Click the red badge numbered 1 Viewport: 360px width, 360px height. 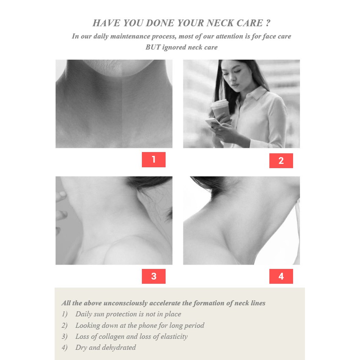pyautogui.click(x=154, y=160)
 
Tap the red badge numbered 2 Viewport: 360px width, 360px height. pyautogui.click(x=281, y=161)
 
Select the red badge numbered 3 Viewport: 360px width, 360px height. pyautogui.click(x=154, y=276)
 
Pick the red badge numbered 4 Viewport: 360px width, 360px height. pyautogui.click(x=281, y=276)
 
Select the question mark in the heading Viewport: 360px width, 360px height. pyautogui.click(x=268, y=23)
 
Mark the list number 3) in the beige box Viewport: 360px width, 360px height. pyautogui.click(x=64, y=336)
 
